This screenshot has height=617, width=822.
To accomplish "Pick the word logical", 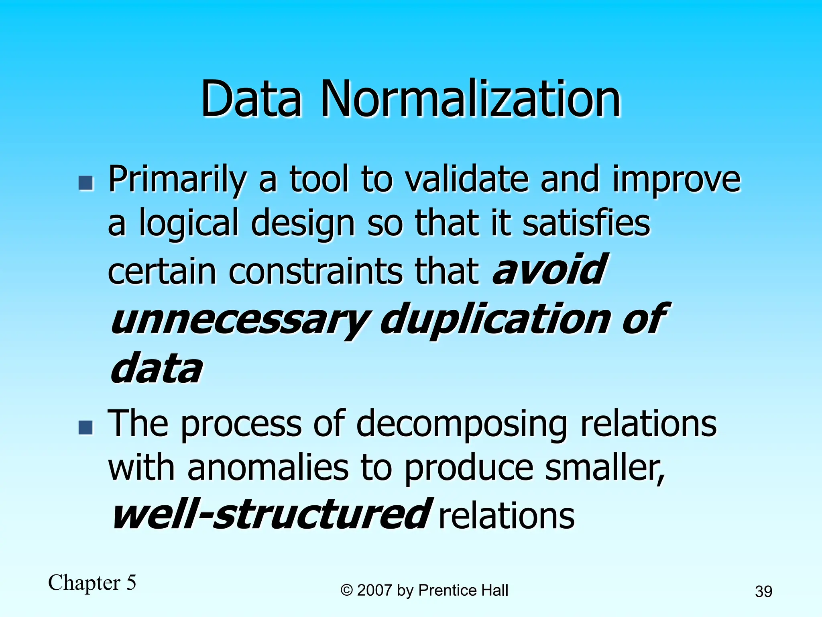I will (189, 224).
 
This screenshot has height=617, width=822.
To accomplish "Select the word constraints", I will (315, 271).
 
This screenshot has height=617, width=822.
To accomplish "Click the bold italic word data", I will (157, 368).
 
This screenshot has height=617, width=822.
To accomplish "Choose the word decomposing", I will (462, 425).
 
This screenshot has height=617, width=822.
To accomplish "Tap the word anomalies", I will (268, 468).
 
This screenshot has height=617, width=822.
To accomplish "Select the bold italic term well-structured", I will (271, 514).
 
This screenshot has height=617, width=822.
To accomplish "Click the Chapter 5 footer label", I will (92, 583).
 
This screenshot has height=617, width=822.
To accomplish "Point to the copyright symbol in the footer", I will (346, 590).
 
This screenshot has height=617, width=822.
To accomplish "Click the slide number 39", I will (763, 592).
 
